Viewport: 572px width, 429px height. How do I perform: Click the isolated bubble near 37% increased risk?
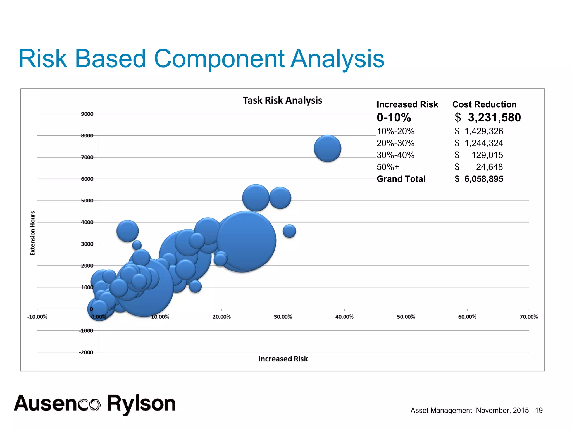[x=327, y=149]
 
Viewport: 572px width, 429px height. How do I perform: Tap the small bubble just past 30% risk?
[x=289, y=231]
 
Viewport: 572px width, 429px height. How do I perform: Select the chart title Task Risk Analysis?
[x=282, y=100]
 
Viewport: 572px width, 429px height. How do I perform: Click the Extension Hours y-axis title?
[x=33, y=233]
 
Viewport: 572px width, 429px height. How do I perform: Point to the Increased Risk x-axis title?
[x=283, y=359]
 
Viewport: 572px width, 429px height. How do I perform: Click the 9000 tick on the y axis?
[x=87, y=114]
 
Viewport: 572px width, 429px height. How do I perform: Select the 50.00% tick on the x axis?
[x=406, y=317]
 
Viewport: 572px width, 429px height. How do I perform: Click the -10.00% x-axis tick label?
[x=37, y=317]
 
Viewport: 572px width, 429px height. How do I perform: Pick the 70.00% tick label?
[x=528, y=317]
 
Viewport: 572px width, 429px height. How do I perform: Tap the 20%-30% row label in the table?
[x=395, y=143]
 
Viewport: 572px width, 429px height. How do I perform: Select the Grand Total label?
[x=401, y=179]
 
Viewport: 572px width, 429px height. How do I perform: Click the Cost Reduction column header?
[x=484, y=104]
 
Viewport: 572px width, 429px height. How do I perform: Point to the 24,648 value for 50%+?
[x=489, y=167]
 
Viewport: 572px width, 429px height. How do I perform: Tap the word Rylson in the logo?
[x=141, y=404]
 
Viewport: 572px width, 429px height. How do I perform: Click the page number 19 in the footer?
[x=538, y=410]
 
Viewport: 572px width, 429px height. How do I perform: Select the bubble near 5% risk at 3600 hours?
[x=127, y=231]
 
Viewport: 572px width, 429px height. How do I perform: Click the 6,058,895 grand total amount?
[x=483, y=179]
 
